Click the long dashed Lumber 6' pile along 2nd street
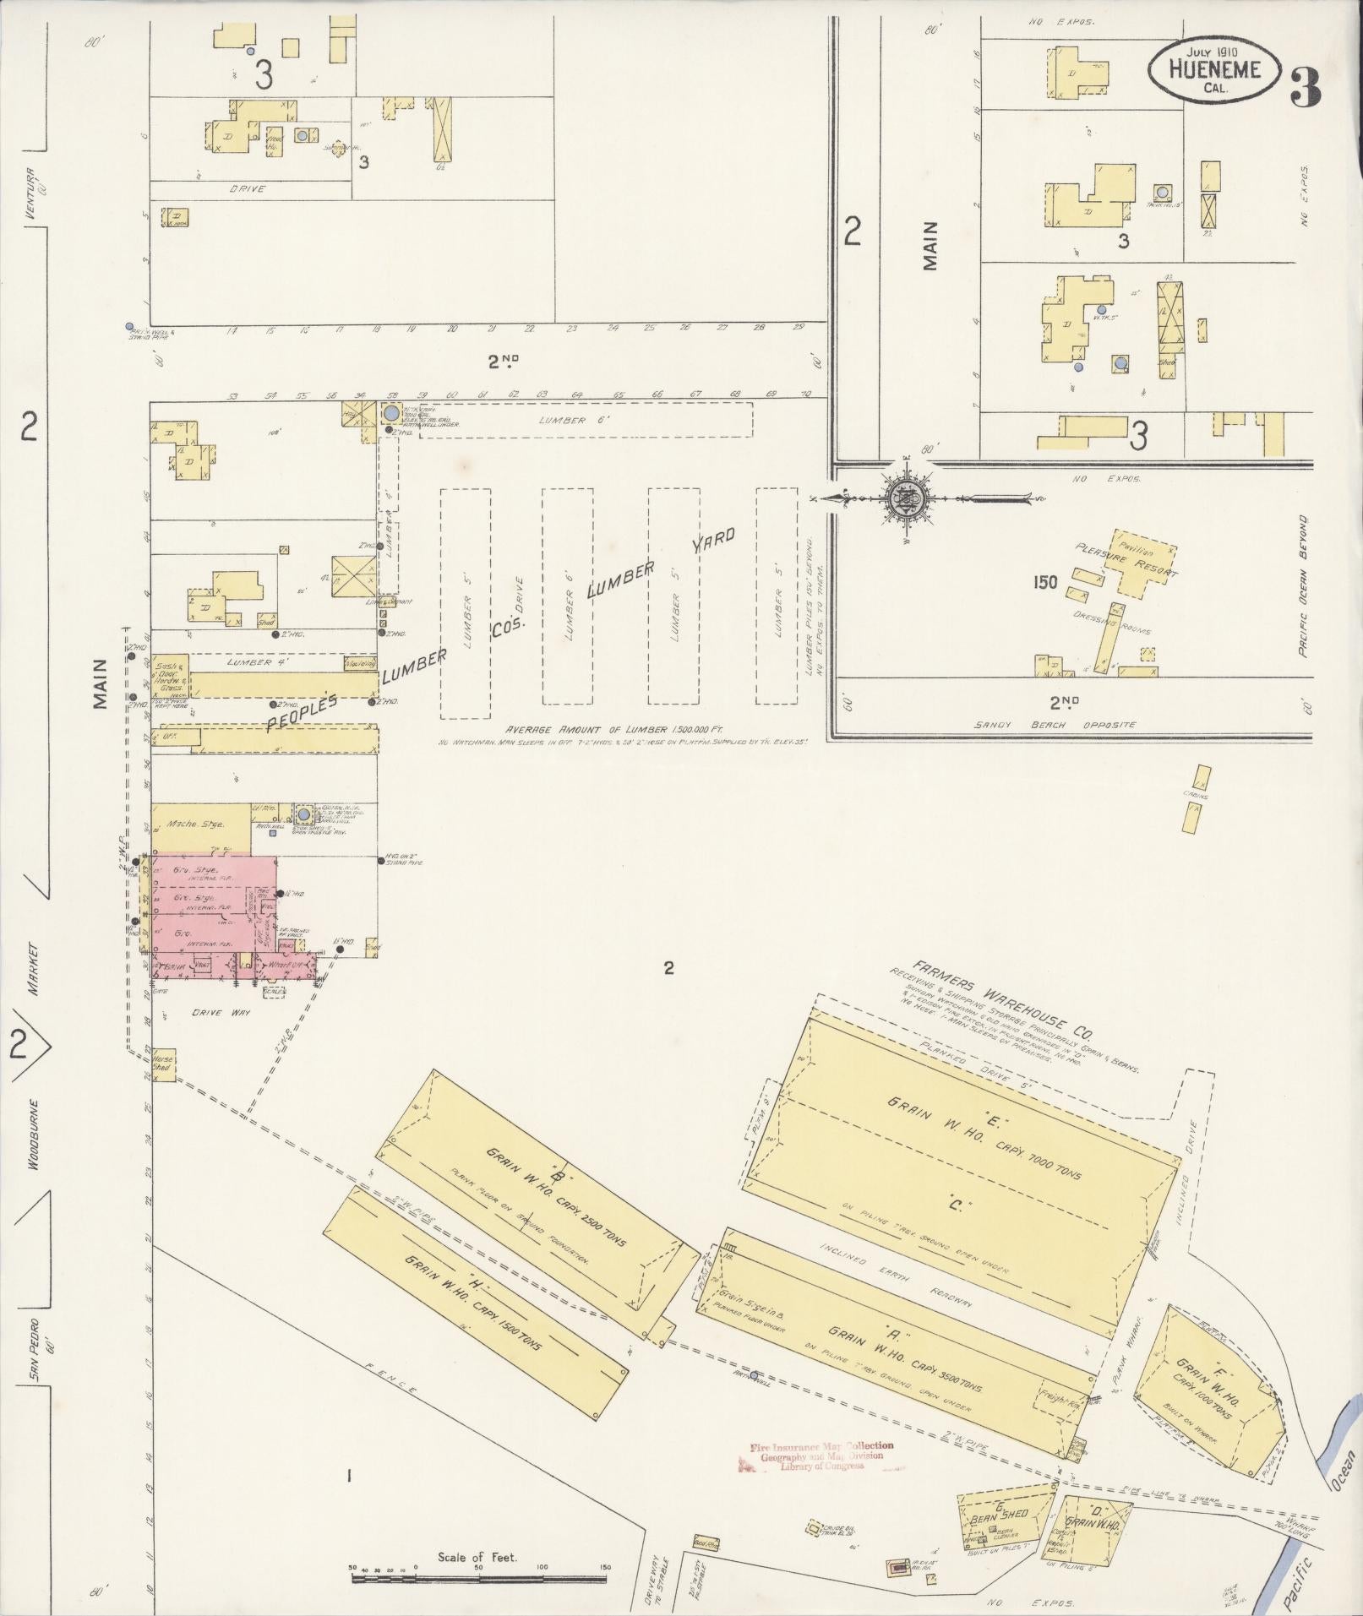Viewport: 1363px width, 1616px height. tap(575, 419)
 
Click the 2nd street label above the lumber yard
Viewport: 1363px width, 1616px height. tap(503, 362)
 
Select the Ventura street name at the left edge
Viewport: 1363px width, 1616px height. tap(32, 193)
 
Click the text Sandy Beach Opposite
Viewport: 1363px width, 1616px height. tap(1054, 725)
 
